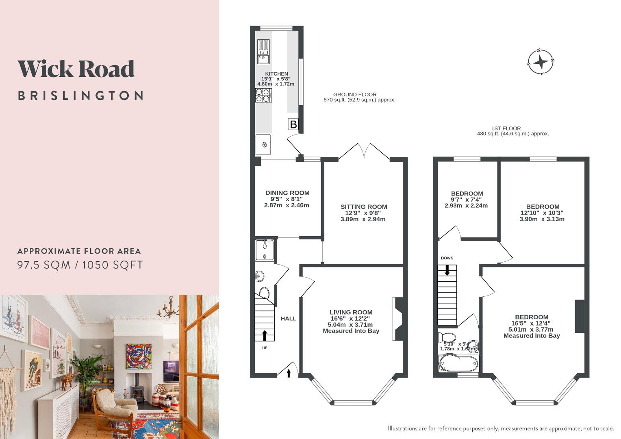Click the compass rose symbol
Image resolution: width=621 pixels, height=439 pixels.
pyautogui.click(x=541, y=62)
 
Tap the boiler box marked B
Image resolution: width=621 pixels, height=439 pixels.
pyautogui.click(x=293, y=124)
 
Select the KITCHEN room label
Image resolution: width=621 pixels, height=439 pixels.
pyautogui.click(x=276, y=74)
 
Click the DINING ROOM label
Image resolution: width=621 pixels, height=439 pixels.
pyautogui.click(x=287, y=193)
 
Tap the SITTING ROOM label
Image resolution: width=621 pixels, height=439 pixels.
pyautogui.click(x=364, y=207)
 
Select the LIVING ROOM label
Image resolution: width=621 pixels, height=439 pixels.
pyautogui.click(x=351, y=312)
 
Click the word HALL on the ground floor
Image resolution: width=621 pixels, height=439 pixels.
pyautogui.click(x=289, y=319)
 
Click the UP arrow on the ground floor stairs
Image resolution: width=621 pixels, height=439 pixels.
pyautogui.click(x=265, y=335)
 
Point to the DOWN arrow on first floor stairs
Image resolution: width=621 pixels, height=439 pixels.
pyautogui.click(x=447, y=270)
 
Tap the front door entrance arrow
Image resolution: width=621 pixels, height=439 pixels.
pyautogui.click(x=289, y=373)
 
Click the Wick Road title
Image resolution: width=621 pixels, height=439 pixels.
pyautogui.click(x=76, y=69)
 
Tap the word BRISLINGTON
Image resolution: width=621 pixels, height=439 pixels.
pyautogui.click(x=80, y=96)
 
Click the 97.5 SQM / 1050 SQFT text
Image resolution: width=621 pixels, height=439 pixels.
pyautogui.click(x=80, y=265)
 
